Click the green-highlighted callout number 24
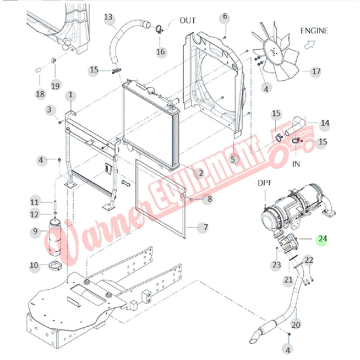[x=322, y=239]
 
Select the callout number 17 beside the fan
[x=315, y=72]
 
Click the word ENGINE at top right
[x=314, y=31]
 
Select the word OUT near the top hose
[x=188, y=21]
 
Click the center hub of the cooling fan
[x=274, y=52]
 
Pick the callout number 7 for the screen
[x=203, y=227]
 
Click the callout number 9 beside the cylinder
[x=36, y=233]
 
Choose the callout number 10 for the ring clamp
[x=34, y=265]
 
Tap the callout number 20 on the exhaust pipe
[x=296, y=325]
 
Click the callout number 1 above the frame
[x=71, y=95]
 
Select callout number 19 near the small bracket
[x=55, y=86]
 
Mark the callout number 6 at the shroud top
[x=225, y=17]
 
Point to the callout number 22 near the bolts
[x=309, y=261]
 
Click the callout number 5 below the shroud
[x=233, y=160]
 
